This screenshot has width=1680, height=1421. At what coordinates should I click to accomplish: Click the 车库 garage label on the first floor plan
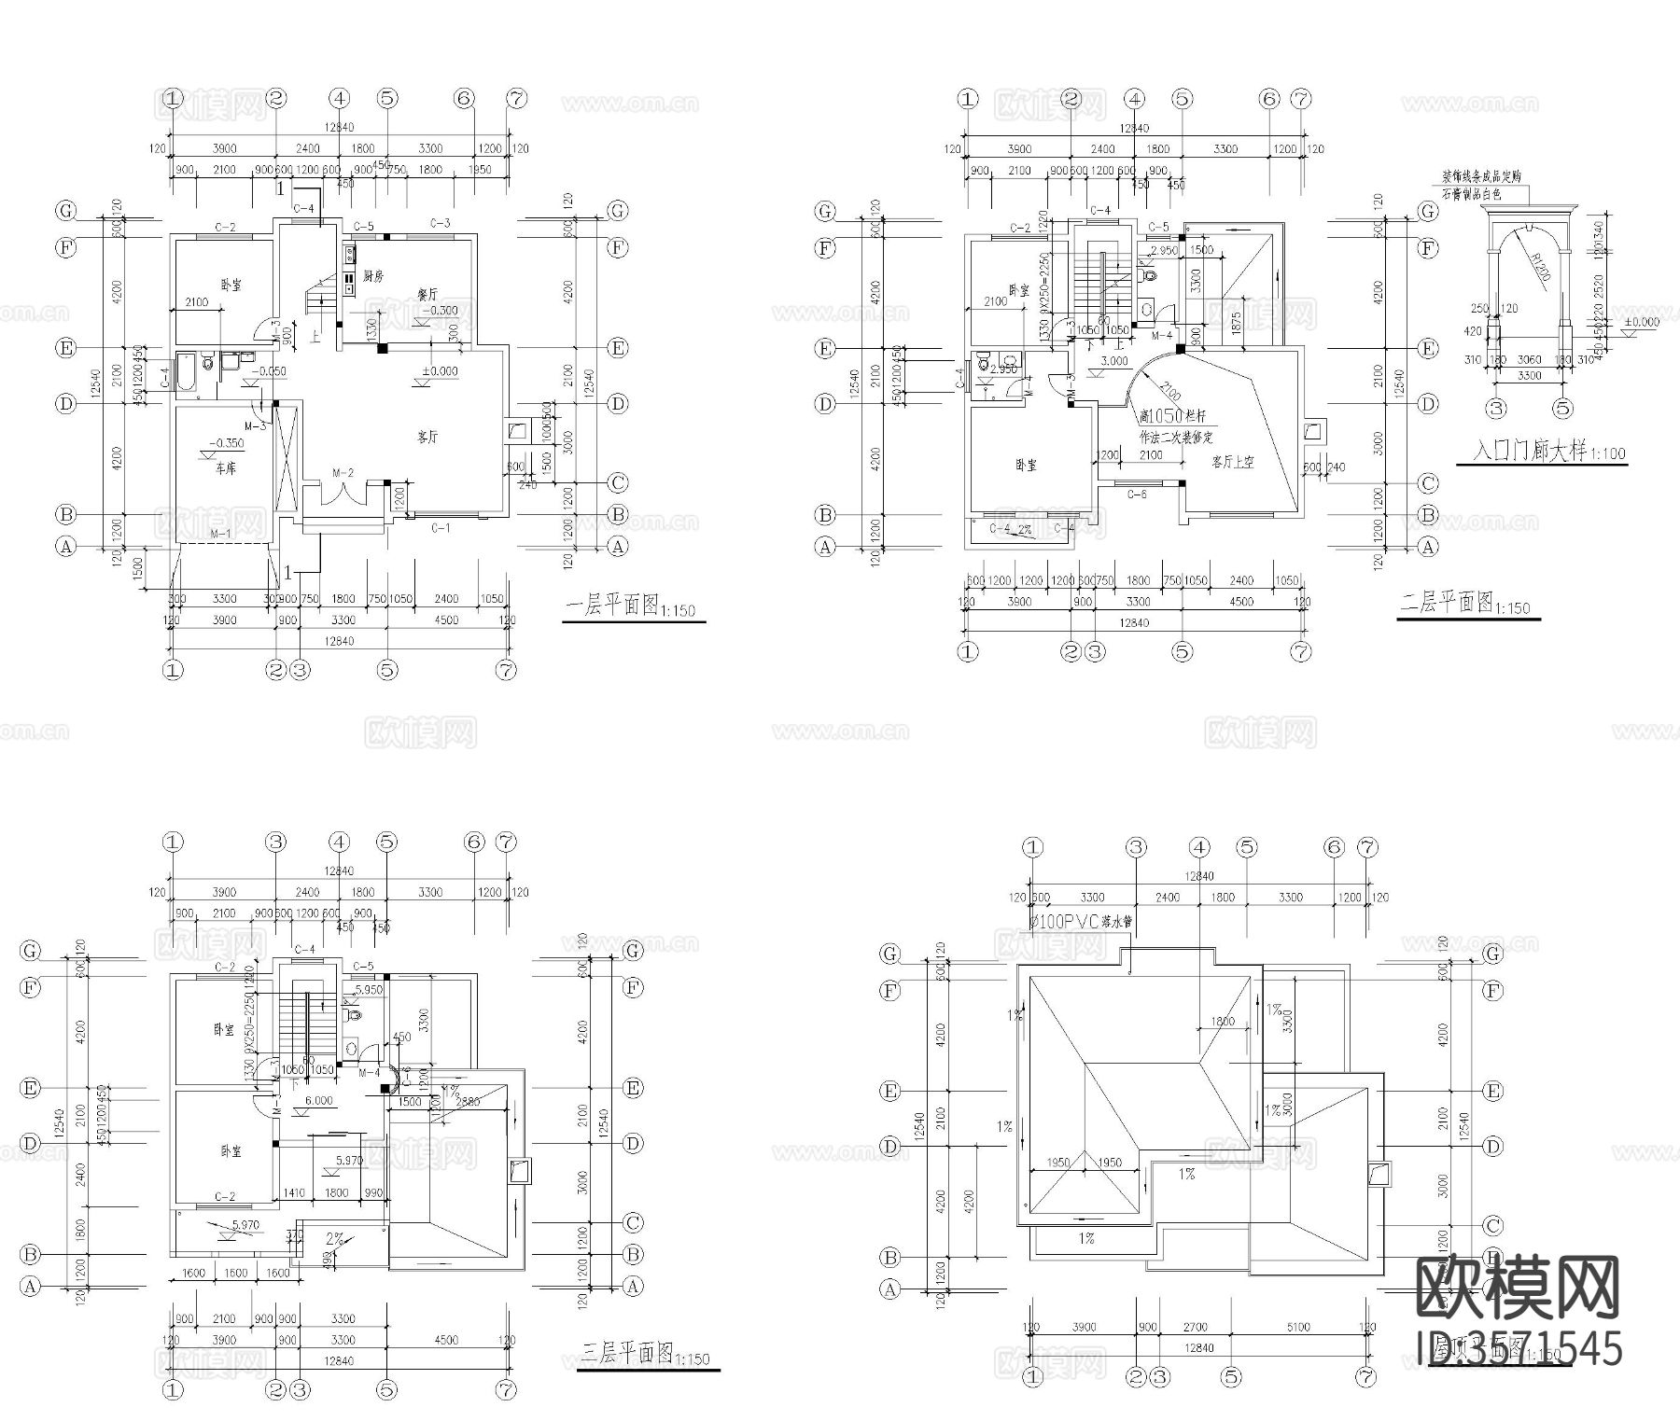(225, 467)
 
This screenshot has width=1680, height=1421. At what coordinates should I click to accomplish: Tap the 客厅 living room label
(427, 437)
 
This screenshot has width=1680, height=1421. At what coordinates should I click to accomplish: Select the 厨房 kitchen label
(374, 276)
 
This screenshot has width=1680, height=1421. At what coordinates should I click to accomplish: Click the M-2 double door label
(343, 473)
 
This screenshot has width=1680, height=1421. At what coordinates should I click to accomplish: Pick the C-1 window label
(441, 528)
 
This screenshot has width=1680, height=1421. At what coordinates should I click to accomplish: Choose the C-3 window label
(441, 223)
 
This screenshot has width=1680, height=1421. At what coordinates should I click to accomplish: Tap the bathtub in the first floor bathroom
(186, 375)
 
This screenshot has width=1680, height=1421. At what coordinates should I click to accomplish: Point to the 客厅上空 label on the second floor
(1232, 462)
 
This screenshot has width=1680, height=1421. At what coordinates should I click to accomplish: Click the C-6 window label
(1136, 495)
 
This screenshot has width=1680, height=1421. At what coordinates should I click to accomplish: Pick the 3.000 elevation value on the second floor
(1114, 361)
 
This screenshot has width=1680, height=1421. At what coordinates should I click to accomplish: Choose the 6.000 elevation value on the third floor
(318, 1100)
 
